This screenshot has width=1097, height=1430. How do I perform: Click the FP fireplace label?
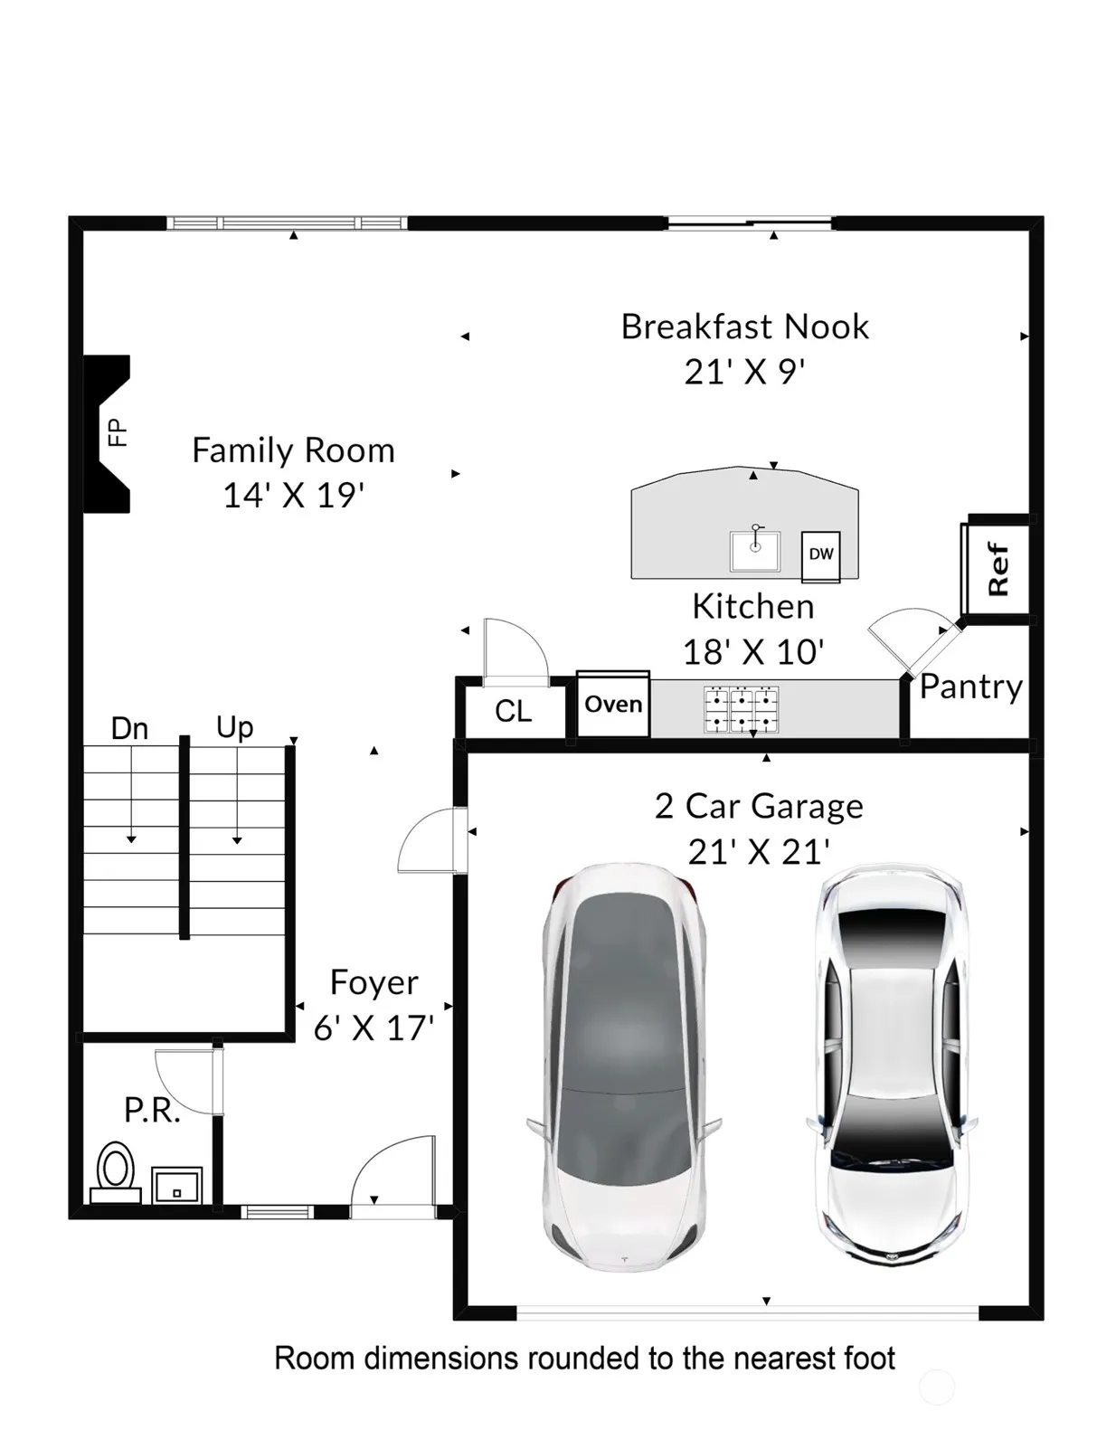click(x=117, y=432)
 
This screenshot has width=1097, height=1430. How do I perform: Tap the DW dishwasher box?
click(x=820, y=557)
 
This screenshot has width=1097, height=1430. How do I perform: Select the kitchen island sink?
click(x=755, y=550)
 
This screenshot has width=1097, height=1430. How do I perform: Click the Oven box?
click(x=613, y=704)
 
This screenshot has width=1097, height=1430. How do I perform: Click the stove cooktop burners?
click(x=742, y=710)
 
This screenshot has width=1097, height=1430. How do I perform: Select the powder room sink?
click(x=177, y=1185)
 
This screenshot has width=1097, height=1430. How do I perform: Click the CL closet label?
click(x=513, y=711)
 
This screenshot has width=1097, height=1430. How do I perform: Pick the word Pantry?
click(x=970, y=687)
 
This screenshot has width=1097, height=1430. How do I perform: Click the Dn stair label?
click(x=129, y=728)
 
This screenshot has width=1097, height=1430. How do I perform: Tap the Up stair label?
click(x=235, y=728)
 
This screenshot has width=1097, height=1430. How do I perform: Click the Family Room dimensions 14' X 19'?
click(x=293, y=496)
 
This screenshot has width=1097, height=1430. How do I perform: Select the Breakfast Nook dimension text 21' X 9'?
click(x=744, y=372)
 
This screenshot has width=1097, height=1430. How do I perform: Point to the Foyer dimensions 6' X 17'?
click(x=374, y=1028)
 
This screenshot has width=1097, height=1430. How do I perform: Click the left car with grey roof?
click(x=625, y=1068)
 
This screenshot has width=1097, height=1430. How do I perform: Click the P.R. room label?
click(x=152, y=1110)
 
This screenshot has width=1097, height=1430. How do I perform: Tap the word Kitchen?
click(x=753, y=606)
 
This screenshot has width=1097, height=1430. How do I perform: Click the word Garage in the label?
click(x=807, y=808)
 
